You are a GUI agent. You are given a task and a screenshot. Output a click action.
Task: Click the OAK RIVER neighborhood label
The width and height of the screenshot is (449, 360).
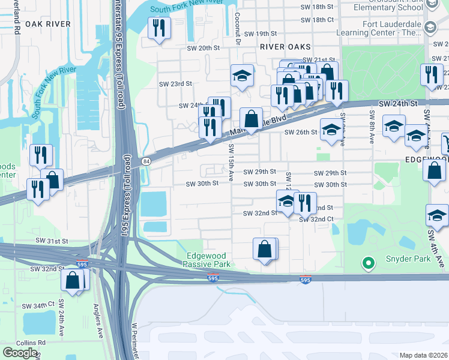[47, 25]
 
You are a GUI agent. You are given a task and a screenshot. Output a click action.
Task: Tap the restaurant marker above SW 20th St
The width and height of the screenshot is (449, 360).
[159, 28]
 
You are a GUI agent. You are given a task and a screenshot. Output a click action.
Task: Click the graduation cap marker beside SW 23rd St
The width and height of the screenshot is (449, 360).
[242, 76]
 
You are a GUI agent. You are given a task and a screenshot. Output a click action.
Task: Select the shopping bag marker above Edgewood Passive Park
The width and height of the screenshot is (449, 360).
[265, 248]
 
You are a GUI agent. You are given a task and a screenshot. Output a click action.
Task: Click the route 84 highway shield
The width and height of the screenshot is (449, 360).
[146, 161]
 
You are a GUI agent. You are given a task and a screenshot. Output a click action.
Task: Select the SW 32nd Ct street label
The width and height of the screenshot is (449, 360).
[317, 220]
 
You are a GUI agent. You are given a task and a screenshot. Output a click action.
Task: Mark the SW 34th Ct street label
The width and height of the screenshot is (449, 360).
[40, 305]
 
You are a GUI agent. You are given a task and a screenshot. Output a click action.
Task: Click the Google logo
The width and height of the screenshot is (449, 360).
[20, 353]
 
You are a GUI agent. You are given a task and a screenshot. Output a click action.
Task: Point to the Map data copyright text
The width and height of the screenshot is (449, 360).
[424, 355]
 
